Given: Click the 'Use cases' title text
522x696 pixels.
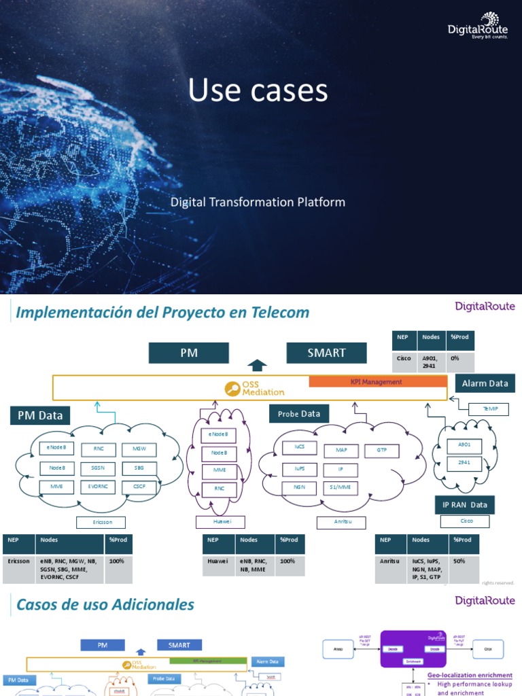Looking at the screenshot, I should tap(258, 90).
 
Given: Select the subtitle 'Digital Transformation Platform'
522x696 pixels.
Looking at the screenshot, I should tap(258, 202).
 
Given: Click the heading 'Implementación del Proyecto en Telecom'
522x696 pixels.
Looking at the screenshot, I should tap(162, 313).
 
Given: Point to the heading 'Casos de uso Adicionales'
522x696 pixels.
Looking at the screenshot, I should tap(105, 604).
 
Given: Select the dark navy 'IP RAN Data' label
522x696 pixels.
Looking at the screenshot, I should tap(465, 504).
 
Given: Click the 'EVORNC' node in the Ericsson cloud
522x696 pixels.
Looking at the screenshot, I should tap(98, 487).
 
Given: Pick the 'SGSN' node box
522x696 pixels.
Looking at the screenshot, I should tap(98, 468).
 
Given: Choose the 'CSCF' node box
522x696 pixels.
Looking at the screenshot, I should tap(139, 487).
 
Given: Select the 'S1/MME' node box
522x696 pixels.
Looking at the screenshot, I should tap(340, 487).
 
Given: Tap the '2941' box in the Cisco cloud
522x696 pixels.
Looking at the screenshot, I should tap(464, 462).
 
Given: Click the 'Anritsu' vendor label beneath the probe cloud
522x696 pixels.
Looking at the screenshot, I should tap(341, 522).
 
